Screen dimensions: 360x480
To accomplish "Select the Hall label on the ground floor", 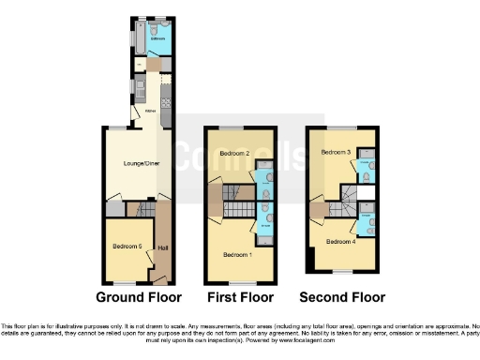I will [163, 248].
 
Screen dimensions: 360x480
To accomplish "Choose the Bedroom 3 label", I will [335, 151].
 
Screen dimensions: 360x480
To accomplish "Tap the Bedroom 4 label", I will [338, 241].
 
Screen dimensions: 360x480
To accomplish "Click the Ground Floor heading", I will [138, 298].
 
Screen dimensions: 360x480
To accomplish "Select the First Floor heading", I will [240, 298].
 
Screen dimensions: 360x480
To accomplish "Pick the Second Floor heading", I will [342, 298].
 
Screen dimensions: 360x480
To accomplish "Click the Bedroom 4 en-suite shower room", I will [365, 222].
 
